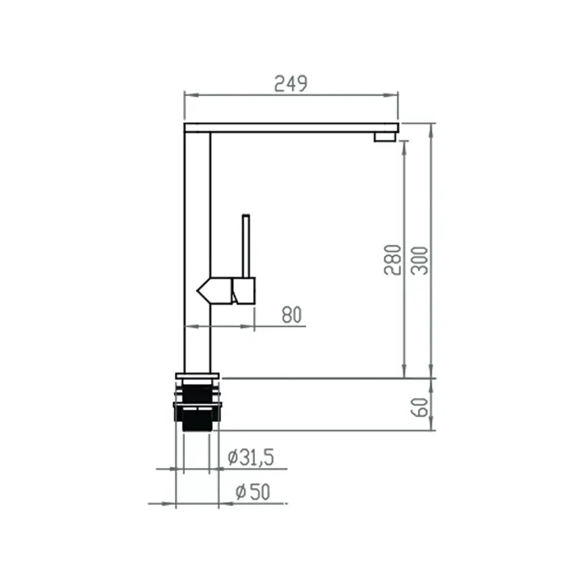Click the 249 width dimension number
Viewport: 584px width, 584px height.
click(x=291, y=84)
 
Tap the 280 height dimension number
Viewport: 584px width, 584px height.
click(x=393, y=260)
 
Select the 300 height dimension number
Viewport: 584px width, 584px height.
click(x=420, y=261)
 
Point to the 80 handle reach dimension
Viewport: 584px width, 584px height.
click(x=291, y=315)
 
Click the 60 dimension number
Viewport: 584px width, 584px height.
click(x=420, y=407)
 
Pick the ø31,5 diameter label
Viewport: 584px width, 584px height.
click(x=250, y=457)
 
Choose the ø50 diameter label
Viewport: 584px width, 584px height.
click(x=252, y=492)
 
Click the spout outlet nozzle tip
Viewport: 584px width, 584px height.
click(x=385, y=137)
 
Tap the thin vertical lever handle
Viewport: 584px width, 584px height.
click(x=246, y=246)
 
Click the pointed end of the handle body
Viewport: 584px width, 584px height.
click(x=198, y=291)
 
